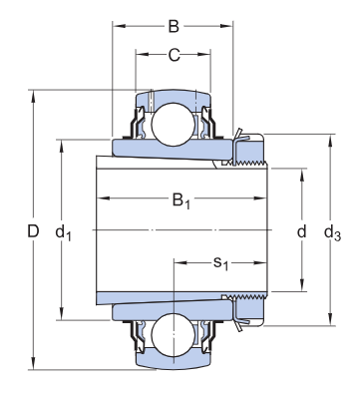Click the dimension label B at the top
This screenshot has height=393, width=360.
click(174, 26)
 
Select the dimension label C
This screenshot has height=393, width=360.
click(174, 55)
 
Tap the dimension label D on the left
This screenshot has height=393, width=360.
click(33, 231)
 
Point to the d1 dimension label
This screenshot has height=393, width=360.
click(63, 232)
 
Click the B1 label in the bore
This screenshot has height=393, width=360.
click(181, 201)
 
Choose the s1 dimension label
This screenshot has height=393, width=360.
click(220, 263)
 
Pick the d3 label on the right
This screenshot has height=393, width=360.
click(332, 232)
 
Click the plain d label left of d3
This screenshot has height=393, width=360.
click(301, 231)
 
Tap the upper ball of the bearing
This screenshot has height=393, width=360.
click(173, 124)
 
